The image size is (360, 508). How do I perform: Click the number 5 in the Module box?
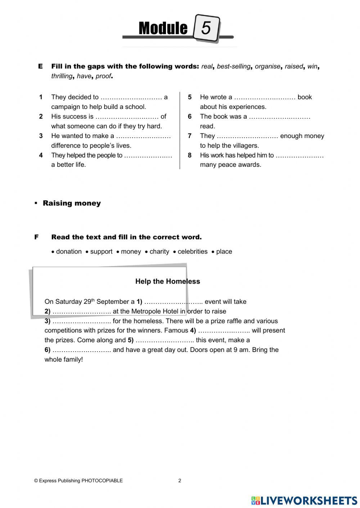(206, 28)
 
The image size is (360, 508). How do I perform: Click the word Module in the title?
(163, 28)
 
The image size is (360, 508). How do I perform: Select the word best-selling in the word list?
(233, 67)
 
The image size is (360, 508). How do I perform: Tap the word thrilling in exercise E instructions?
(62, 76)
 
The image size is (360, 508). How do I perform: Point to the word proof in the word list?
(103, 76)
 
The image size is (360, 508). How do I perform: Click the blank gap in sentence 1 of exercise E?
(131, 97)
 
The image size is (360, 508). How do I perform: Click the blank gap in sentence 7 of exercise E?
(247, 136)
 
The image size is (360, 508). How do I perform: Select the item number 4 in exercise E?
(41, 155)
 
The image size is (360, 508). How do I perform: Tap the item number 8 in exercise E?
(190, 155)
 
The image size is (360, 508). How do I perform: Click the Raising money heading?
(72, 203)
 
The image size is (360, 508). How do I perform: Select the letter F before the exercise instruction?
(36, 237)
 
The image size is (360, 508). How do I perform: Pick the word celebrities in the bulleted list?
(192, 252)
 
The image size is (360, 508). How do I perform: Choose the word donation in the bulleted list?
(69, 252)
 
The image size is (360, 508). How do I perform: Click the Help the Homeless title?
(167, 282)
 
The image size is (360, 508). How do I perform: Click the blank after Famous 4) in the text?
(224, 331)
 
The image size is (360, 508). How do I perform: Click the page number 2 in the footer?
(180, 481)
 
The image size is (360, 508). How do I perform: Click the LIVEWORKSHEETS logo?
(304, 500)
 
